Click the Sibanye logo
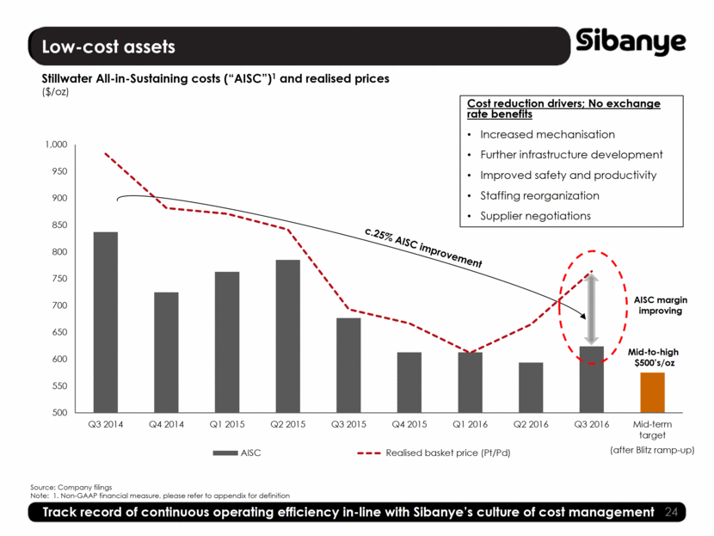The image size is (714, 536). pos(631,40)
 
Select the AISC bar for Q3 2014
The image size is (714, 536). pos(106,322)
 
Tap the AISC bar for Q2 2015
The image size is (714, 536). pos(288,336)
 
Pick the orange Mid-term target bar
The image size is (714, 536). pos(652,392)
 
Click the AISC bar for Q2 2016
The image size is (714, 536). pos(531,387)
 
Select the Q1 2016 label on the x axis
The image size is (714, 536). pos(471,424)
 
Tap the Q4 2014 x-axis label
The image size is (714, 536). pos(166,424)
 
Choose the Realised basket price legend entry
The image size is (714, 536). pos(447,452)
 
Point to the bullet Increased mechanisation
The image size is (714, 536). pos(547,134)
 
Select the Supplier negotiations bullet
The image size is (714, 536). pos(535,215)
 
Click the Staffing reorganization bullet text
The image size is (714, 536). pos(539,195)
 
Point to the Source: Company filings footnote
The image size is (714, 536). pos(71,487)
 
